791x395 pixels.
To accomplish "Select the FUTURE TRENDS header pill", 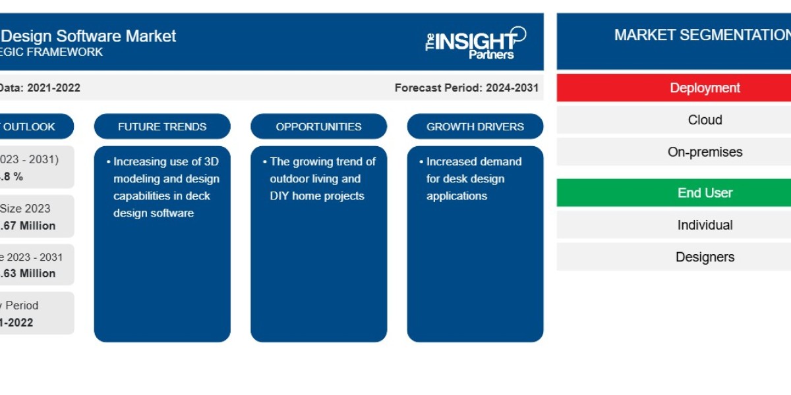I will coord(162,126).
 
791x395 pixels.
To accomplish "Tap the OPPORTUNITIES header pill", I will coord(318,126).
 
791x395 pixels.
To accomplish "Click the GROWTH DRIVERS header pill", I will coord(475,126).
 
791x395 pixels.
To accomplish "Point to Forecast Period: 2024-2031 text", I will coord(466,88).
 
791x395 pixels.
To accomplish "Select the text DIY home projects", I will coord(317,196).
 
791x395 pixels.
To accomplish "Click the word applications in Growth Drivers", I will coord(457,196).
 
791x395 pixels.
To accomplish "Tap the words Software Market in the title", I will coord(111,36).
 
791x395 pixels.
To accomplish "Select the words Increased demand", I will coord(474,161).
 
